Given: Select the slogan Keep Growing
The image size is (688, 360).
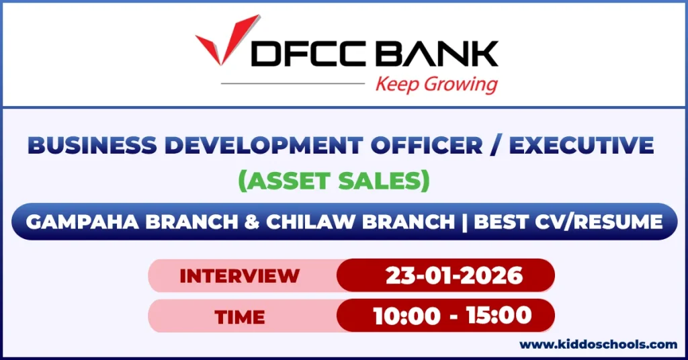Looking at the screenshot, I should tap(436, 85).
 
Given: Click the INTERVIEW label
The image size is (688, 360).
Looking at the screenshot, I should tap(239, 275).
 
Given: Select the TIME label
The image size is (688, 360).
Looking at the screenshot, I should tap(240, 316).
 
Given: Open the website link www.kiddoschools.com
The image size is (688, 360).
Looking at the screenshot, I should tap(598, 345).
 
